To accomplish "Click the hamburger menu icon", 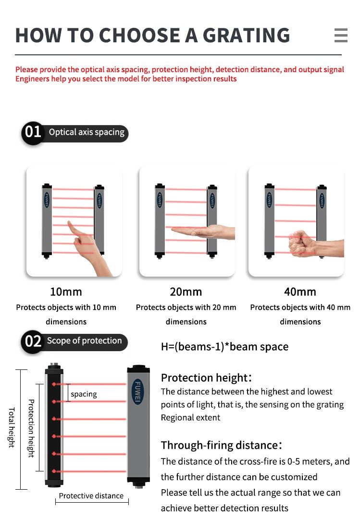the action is point(341,35).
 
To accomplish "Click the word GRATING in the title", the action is point(246,36).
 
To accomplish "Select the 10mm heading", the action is point(66,292).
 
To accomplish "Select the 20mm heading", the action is point(186,292).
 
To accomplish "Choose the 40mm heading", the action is point(300,292).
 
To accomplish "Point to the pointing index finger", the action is point(74,229).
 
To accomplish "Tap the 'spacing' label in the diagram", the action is point(84,394).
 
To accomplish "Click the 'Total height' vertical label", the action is point(12,428).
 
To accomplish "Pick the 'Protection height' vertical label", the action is point(31,429).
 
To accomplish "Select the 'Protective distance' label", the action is point(91,496).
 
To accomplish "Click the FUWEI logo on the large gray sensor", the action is point(137,392).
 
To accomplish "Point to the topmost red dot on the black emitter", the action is point(54,384).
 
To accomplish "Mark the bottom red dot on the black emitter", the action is point(54,471).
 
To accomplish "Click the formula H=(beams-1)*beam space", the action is point(225,347).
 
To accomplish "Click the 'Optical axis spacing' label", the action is point(87,132).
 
